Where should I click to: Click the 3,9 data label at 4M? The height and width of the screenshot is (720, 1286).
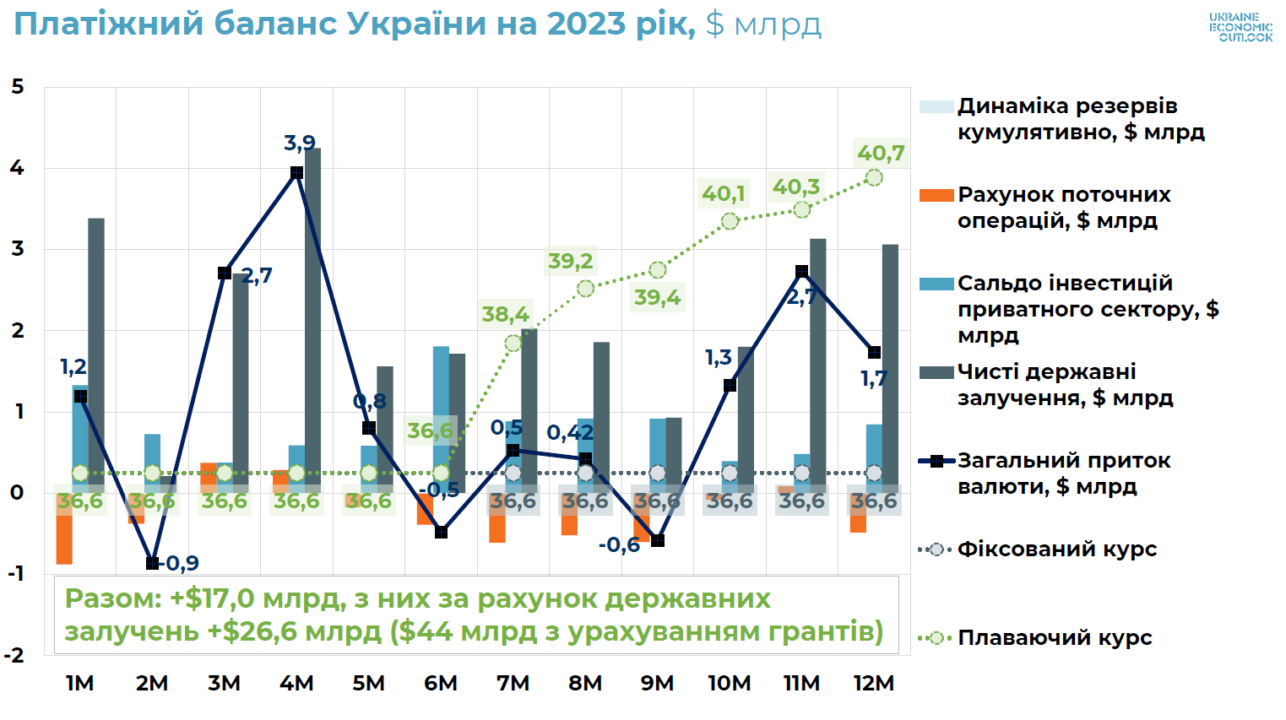point(299,143)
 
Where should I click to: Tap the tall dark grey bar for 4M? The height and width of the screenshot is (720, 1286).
point(312,321)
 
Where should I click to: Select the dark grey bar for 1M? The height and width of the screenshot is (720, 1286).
point(96,355)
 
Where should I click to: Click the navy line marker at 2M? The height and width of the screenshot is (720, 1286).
point(152,563)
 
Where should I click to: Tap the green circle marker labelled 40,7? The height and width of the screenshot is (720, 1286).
point(874,177)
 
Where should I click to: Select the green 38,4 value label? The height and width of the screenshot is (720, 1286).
point(505,315)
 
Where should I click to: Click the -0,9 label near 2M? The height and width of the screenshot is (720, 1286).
point(181,563)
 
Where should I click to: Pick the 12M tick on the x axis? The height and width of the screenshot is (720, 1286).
point(873,683)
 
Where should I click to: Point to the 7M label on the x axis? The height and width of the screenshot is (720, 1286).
point(513,683)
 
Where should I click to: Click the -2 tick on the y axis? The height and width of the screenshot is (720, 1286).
point(14,655)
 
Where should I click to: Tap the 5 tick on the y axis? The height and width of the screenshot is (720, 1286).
point(17,87)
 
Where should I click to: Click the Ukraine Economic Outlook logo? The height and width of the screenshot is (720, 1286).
point(1240,27)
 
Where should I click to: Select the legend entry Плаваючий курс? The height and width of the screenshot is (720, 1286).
point(1055,638)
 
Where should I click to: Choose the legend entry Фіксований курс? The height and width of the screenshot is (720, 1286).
point(1056,549)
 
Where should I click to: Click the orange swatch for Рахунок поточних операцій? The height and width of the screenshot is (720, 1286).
point(936,196)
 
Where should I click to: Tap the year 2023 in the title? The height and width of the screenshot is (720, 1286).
point(587,24)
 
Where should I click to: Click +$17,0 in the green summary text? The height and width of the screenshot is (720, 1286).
point(212,598)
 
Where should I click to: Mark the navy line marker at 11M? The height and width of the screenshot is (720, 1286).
point(801,272)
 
